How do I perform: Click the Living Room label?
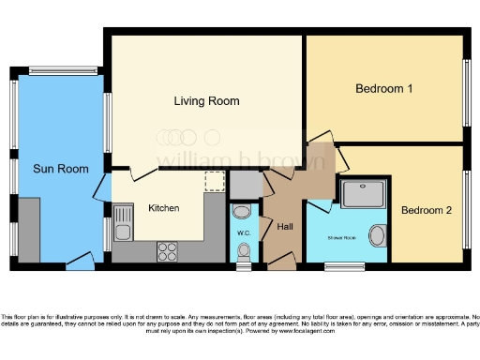click(206, 100)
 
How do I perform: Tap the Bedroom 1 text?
click(383, 89)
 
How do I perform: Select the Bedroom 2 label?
click(427, 210)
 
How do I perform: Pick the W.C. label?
click(242, 232)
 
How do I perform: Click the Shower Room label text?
click(340, 238)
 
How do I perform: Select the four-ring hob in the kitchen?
click(169, 250)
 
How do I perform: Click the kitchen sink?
click(122, 224)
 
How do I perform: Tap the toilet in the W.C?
click(244, 250)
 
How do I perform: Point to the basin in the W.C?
click(242, 211)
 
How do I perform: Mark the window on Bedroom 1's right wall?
click(466, 92)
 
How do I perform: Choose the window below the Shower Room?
click(344, 266)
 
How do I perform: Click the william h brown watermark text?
click(241, 158)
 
